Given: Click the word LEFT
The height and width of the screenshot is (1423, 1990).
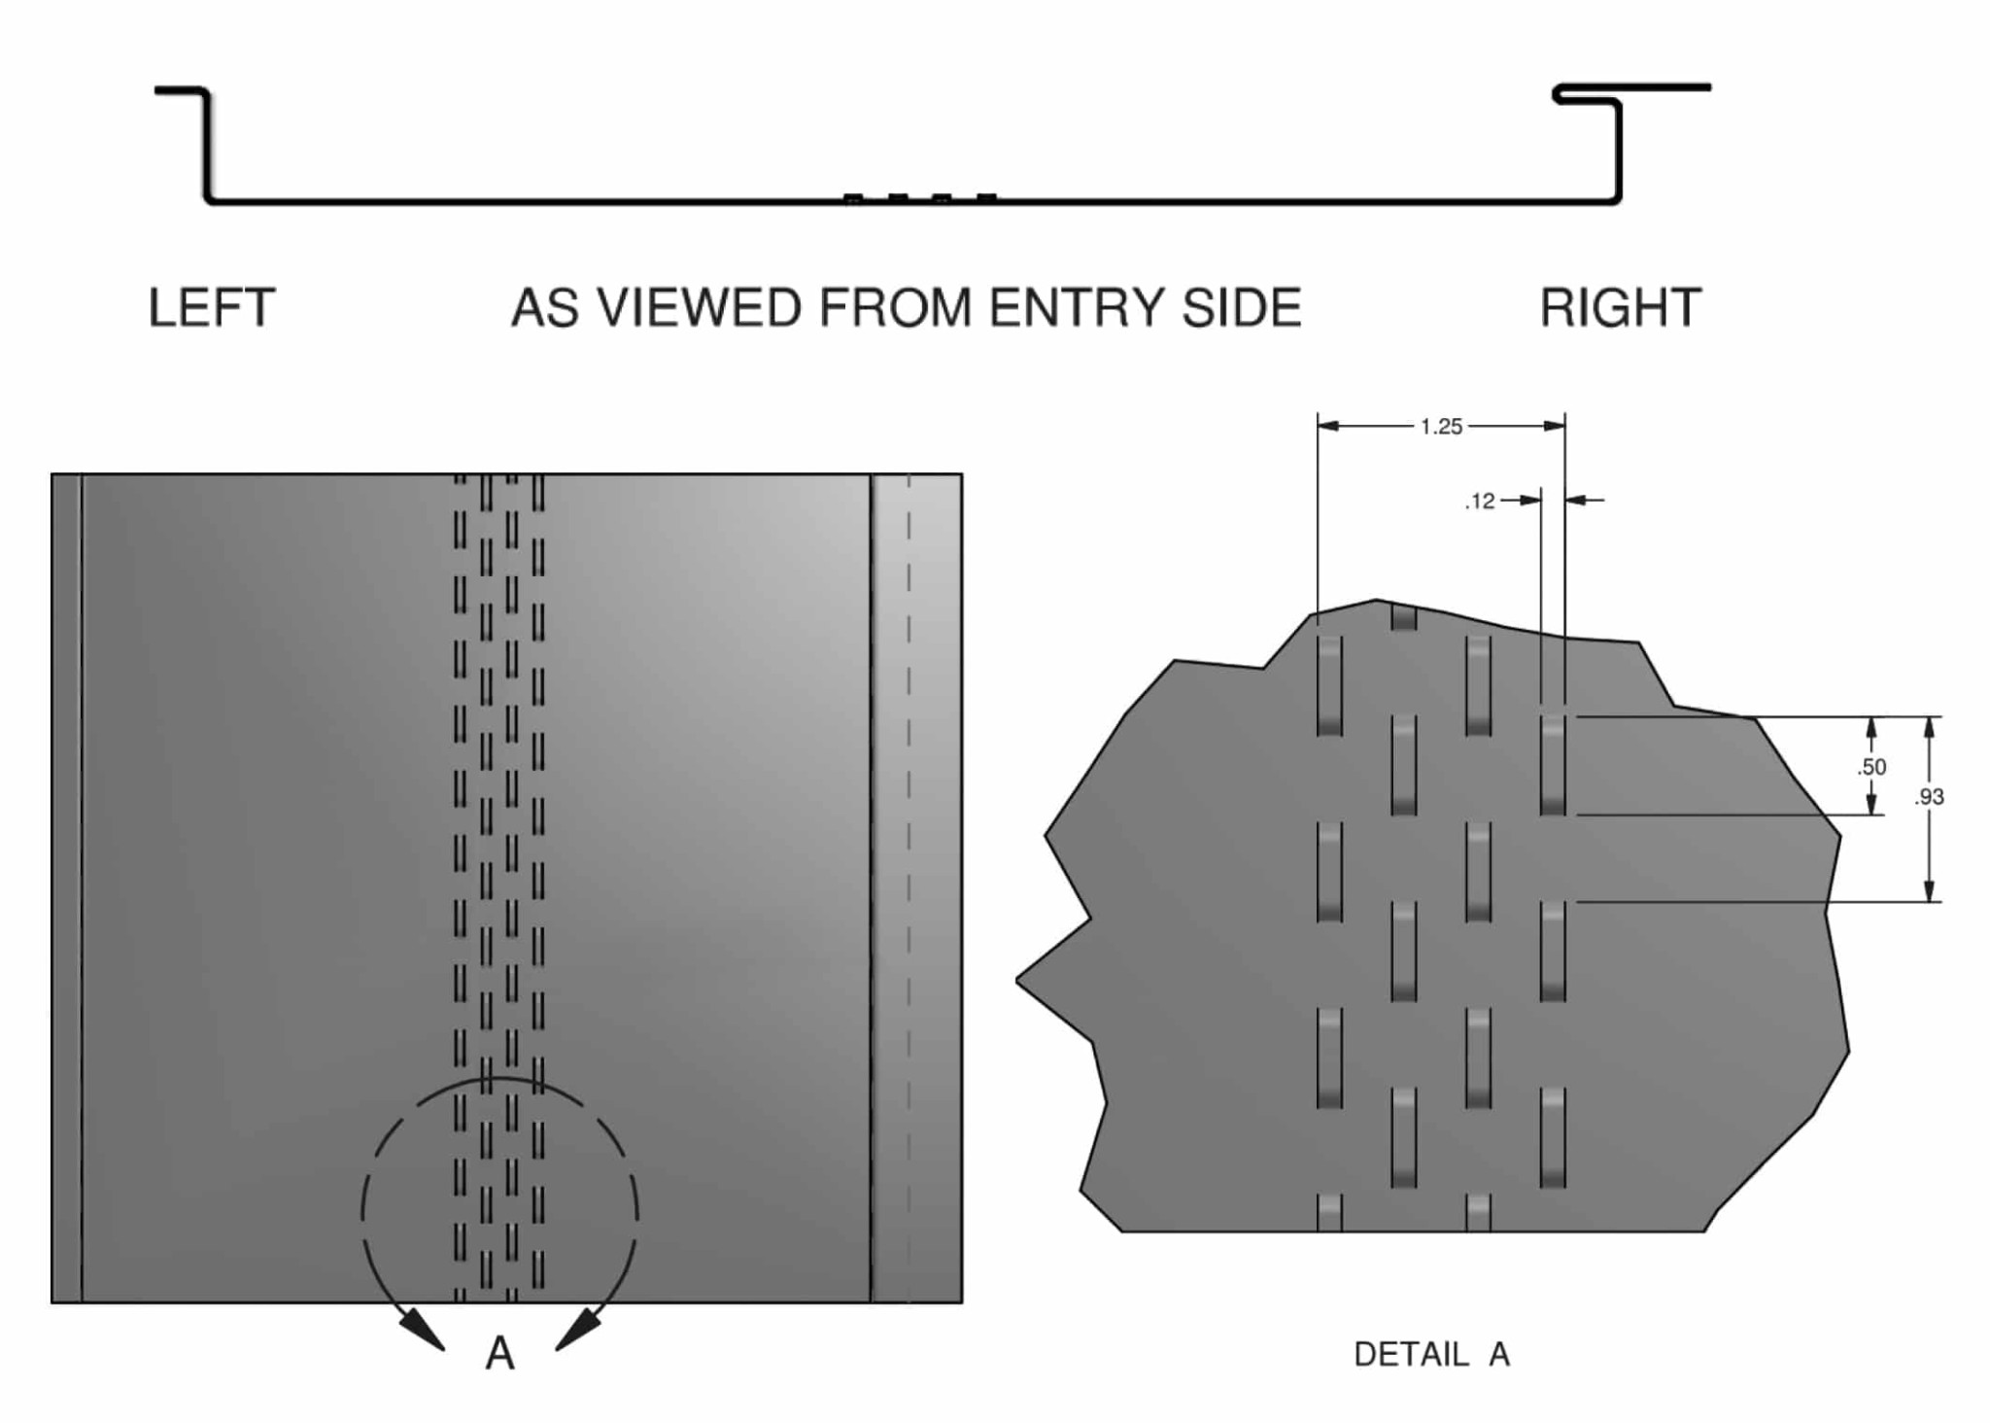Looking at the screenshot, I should tap(211, 308).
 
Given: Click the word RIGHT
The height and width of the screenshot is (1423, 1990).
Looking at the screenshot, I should tap(1620, 308).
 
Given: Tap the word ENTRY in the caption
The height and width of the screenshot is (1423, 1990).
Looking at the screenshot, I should tap(1078, 308).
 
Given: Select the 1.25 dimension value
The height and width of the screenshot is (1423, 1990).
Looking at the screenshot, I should tap(1440, 427).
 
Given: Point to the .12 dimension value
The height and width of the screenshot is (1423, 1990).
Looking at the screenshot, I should tap(1479, 502).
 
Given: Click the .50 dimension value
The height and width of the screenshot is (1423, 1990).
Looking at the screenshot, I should tap(1870, 767).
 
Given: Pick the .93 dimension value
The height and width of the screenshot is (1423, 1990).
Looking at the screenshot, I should tap(1929, 797).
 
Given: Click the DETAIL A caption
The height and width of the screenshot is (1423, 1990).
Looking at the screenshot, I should tap(1431, 1354).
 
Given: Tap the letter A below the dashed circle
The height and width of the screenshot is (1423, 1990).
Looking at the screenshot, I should tap(499, 1353).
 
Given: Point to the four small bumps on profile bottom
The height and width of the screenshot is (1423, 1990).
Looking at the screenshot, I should tap(919, 198).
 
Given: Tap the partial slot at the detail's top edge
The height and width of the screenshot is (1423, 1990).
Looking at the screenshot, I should tap(1403, 616).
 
